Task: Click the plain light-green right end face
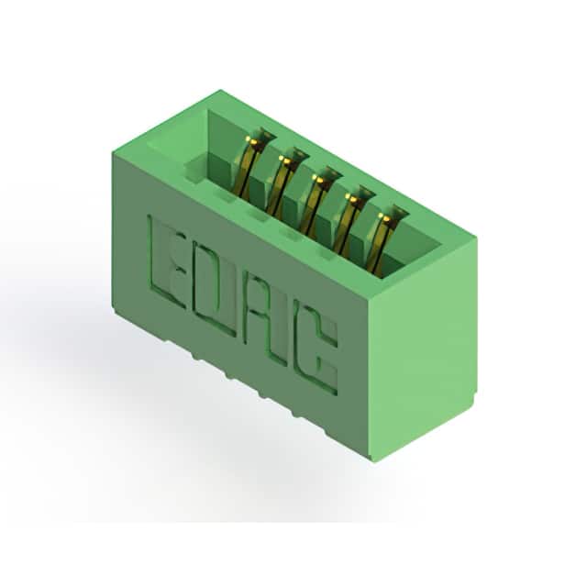coord(423,349)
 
